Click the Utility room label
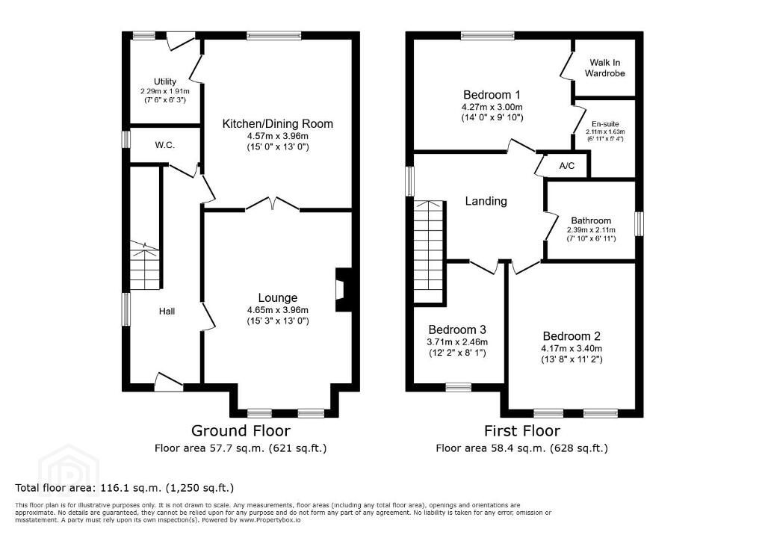(x=165, y=81)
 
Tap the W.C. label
(x=165, y=145)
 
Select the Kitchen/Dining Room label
(x=278, y=123)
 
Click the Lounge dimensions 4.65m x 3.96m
(x=278, y=310)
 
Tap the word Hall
(x=167, y=312)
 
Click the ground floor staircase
(x=144, y=266)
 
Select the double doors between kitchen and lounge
(x=273, y=204)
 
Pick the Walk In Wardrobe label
(x=605, y=68)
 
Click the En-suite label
(x=605, y=124)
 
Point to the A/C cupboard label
(x=567, y=166)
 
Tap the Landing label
(x=486, y=201)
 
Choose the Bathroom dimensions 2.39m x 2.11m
(x=592, y=230)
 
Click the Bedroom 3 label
(x=457, y=330)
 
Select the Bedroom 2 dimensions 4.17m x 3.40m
(x=572, y=348)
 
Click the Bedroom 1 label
(x=492, y=95)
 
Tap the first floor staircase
(x=430, y=251)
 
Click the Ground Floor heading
(x=241, y=430)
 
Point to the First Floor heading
(x=522, y=430)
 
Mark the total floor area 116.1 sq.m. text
(x=125, y=488)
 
